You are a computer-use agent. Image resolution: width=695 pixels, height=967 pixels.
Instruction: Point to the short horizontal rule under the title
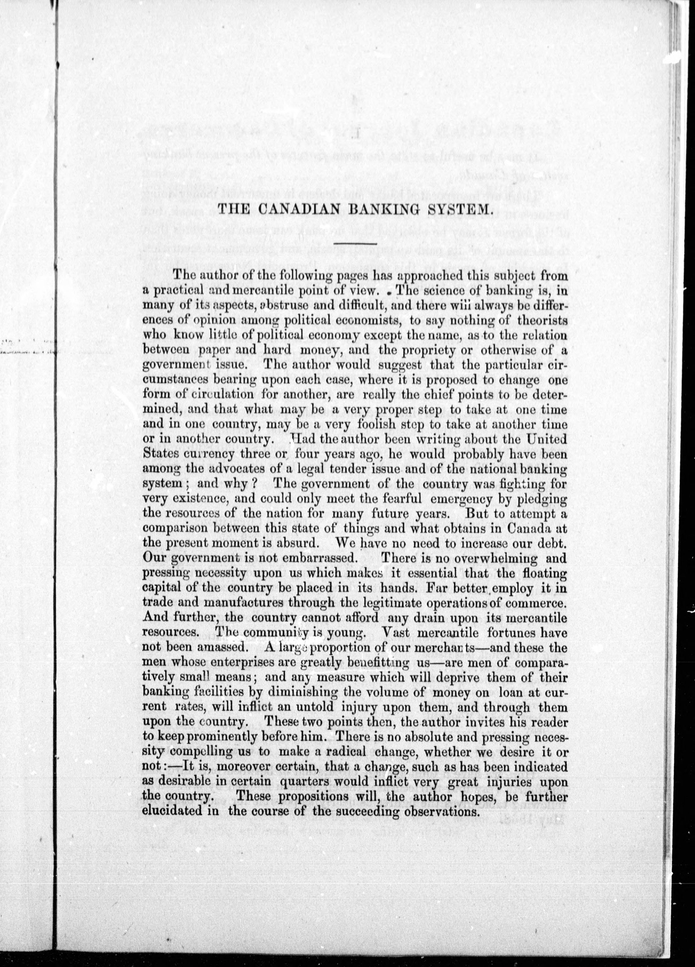point(355,243)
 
